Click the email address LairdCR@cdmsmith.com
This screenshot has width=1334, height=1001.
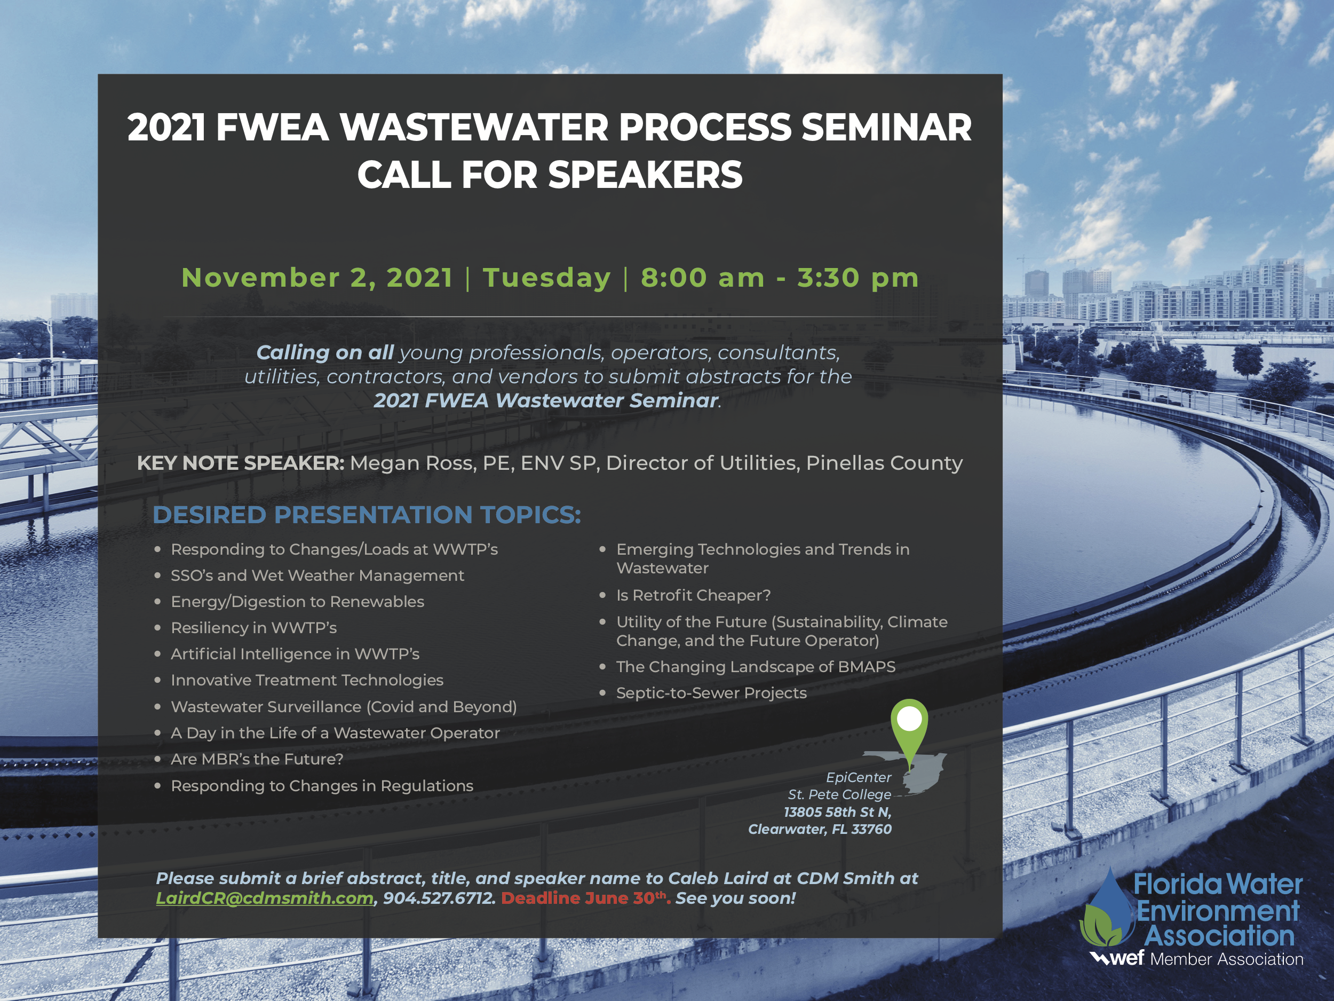coord(265,898)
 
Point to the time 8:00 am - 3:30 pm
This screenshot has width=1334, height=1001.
coord(780,278)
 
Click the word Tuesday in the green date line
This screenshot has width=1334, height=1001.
coord(547,278)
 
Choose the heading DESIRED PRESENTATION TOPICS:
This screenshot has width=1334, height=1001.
coord(367,515)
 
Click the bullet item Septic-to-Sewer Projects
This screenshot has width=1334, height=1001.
coord(711,692)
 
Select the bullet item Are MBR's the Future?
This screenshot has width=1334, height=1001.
coord(257,759)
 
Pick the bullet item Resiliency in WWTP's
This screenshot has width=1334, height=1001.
coord(254,627)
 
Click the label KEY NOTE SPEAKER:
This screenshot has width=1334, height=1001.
coord(241,463)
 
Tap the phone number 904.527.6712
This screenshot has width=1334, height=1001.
coord(439,898)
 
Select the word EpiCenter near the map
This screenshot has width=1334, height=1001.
coord(858,777)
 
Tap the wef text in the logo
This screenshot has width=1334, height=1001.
coord(1126,958)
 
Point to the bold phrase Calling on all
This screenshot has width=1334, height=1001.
coord(325,352)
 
